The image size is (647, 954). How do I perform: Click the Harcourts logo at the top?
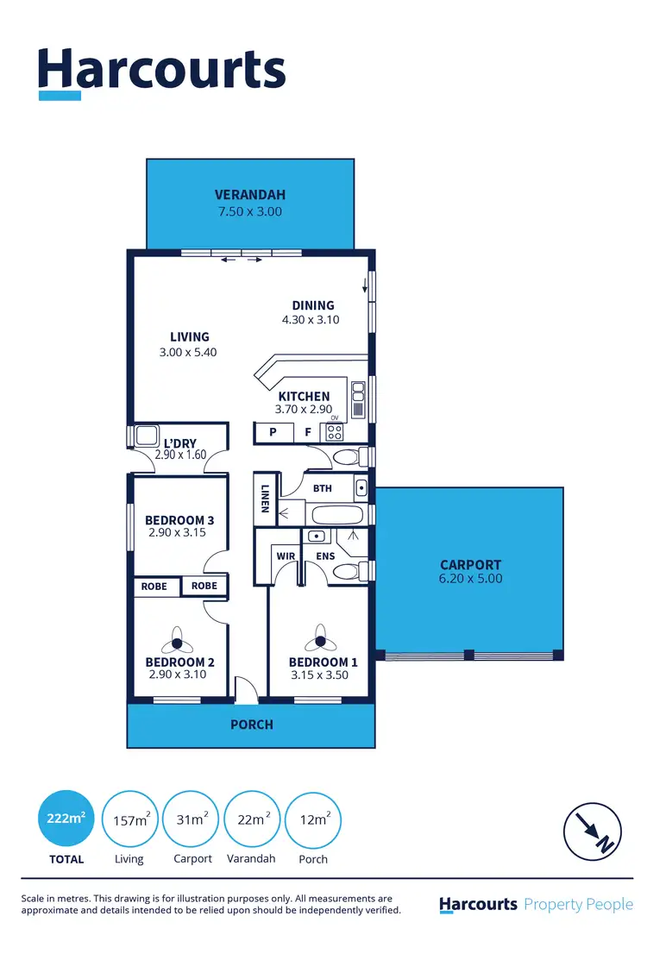coord(161,71)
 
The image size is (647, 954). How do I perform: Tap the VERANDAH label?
coord(250,195)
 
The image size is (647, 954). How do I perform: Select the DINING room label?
coord(312,305)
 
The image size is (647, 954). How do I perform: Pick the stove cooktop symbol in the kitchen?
coord(334,432)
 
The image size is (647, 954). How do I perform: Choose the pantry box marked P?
coord(273,432)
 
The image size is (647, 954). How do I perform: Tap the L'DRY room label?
coord(179,443)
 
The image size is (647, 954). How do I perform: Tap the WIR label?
coord(285,556)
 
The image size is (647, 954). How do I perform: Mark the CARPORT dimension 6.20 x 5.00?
coord(470,579)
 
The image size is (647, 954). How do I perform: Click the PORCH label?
coord(252,725)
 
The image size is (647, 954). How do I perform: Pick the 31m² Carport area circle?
coord(192,819)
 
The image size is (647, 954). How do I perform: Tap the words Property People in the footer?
coord(579,904)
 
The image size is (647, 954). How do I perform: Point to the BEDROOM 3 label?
coord(179,520)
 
